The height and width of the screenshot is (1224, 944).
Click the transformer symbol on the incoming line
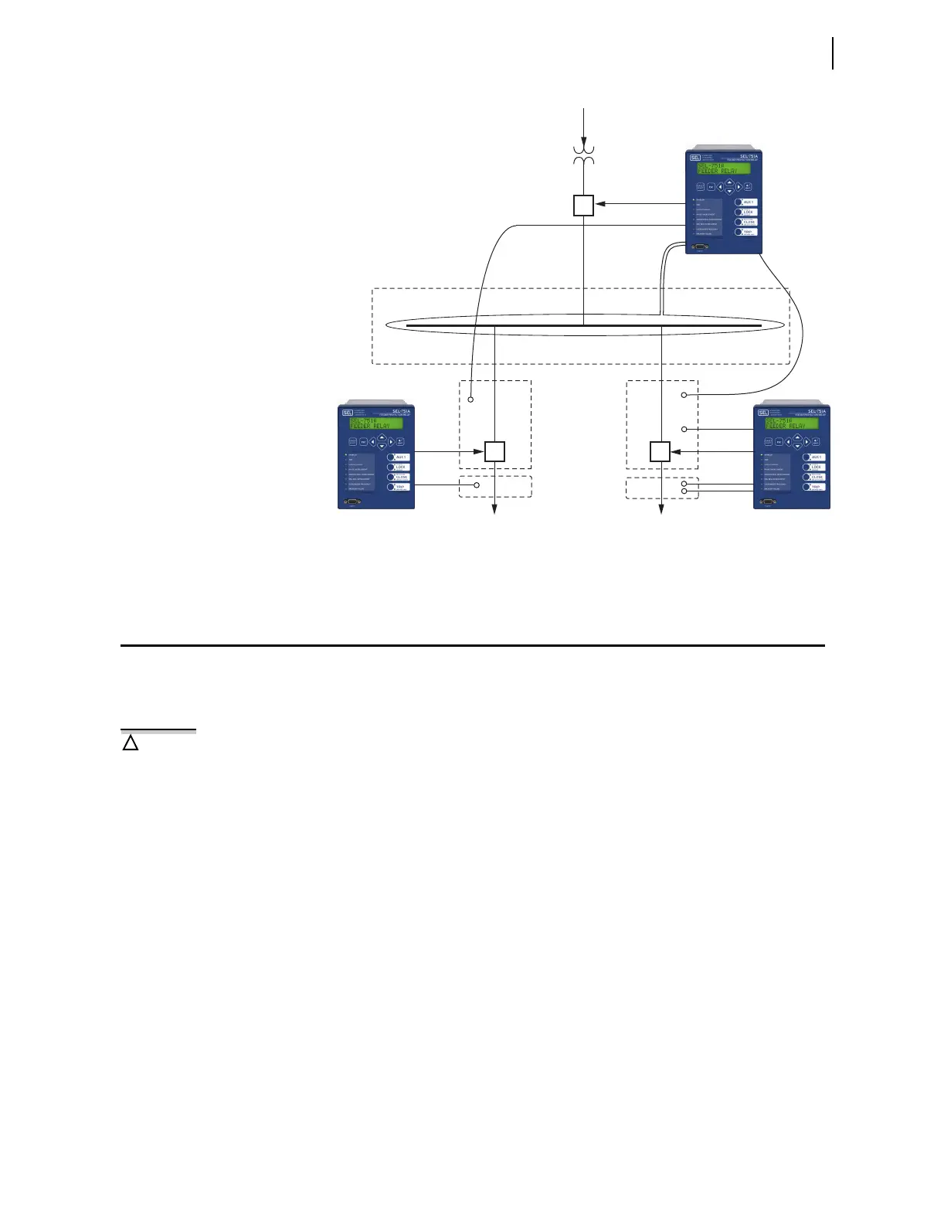tap(583, 153)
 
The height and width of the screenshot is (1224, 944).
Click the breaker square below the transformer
tap(583, 205)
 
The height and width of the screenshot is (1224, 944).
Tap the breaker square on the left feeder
tap(494, 452)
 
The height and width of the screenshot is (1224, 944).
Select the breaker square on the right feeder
tap(660, 452)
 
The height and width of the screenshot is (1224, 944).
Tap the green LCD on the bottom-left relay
tap(376, 423)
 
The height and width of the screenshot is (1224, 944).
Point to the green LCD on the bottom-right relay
tap(792, 423)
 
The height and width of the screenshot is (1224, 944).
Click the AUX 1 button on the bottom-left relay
tap(400, 457)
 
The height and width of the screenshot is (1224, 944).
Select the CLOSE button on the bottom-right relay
tap(815, 478)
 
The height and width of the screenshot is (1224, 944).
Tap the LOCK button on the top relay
tap(747, 212)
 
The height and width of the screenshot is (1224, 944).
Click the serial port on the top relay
tap(700, 246)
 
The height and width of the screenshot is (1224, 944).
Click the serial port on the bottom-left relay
tap(352, 501)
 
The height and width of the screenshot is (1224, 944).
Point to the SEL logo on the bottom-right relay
tap(762, 413)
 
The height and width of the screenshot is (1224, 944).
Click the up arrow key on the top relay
tap(729, 182)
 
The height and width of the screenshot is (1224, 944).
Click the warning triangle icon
tap(131, 743)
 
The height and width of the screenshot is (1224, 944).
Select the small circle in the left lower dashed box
tap(477, 485)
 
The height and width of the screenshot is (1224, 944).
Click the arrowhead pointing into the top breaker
tap(599, 204)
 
